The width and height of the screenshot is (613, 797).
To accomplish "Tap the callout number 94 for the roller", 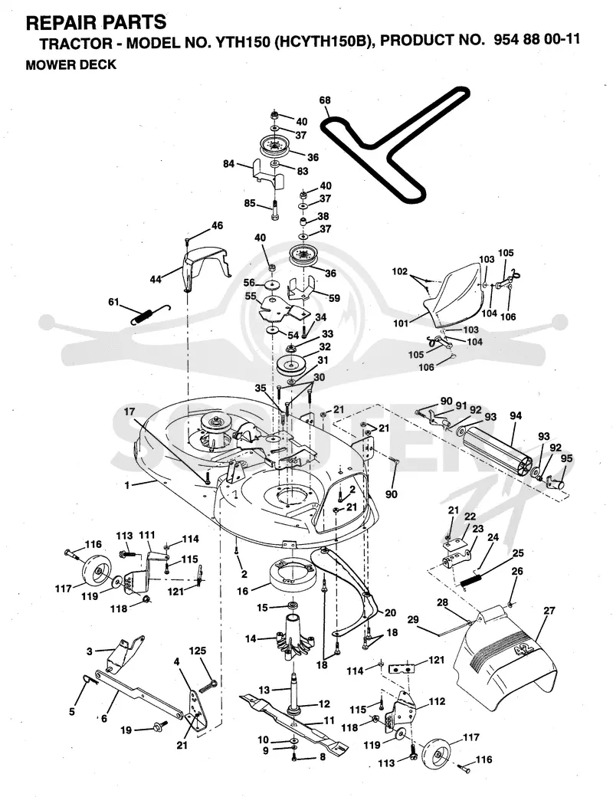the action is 516,417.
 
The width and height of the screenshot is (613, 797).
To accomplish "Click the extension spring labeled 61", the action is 150,313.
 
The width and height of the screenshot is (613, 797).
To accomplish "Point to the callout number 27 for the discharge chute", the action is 549,611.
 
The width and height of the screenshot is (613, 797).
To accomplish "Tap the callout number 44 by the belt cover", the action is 156,279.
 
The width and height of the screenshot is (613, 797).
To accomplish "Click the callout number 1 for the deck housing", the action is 127,485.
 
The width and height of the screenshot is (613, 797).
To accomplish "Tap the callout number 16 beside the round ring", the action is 242,591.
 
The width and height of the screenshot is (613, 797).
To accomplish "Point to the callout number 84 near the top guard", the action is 229,164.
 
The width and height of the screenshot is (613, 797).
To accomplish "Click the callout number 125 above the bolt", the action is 198,651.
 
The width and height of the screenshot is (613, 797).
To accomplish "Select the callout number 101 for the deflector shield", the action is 401,323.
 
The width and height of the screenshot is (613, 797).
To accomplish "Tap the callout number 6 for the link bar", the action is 103,719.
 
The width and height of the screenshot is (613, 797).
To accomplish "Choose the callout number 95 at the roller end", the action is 566,458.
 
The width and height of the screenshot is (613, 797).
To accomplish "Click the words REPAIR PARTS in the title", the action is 96,22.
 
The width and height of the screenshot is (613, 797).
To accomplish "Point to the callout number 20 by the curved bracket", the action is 390,612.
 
